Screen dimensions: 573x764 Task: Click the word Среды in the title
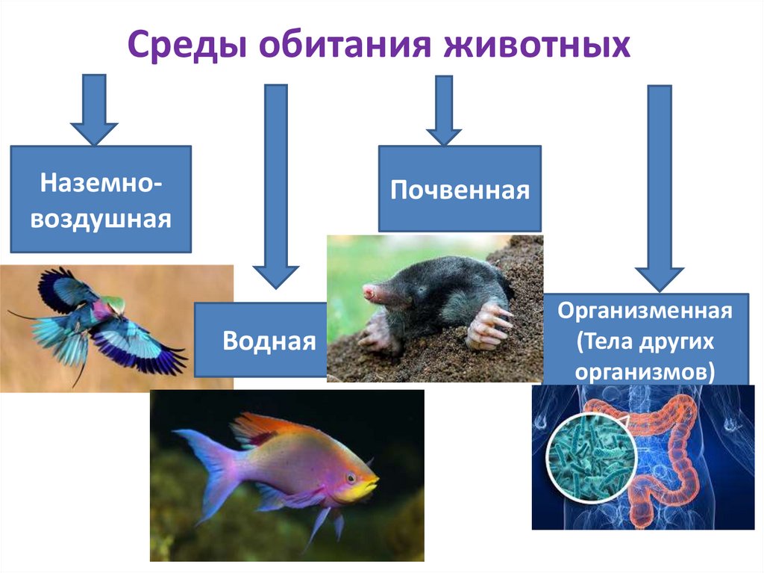(190, 46)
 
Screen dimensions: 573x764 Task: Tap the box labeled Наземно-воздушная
(100, 199)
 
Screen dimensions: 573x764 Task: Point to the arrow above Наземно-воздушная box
(94, 109)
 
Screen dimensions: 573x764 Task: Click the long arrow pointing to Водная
(276, 187)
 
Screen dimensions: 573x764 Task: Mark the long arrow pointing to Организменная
(660, 187)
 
